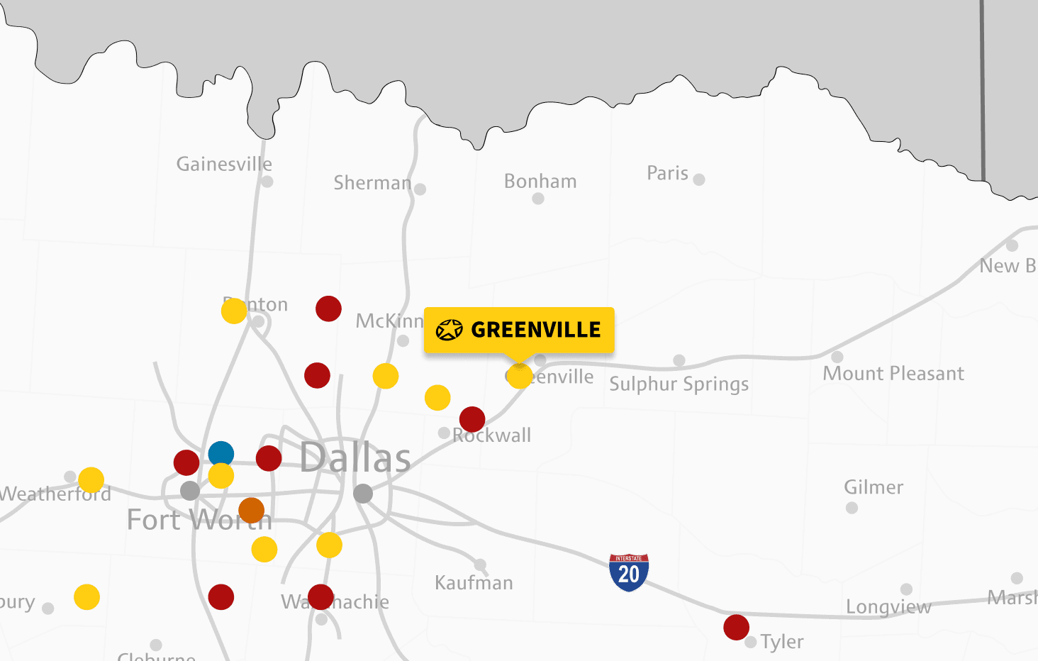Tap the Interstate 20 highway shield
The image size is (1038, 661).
629,572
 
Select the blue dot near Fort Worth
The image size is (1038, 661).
221,454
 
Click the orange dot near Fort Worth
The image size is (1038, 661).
252,510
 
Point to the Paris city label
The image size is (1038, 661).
667,173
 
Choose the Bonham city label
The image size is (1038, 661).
540,182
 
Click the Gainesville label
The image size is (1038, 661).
224,165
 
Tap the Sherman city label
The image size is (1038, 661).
372,183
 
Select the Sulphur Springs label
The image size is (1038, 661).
679,384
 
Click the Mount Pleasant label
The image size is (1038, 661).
893,374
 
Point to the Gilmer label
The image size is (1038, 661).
874,487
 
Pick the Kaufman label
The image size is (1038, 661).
474,583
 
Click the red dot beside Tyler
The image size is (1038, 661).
737,627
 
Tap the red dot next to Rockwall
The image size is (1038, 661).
472,419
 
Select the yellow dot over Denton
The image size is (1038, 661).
234,311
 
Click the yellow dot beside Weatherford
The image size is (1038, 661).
91,480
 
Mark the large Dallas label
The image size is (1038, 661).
355,458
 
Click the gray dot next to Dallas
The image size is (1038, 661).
363,494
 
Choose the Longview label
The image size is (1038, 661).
888,607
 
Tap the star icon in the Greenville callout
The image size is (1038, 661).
449,330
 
